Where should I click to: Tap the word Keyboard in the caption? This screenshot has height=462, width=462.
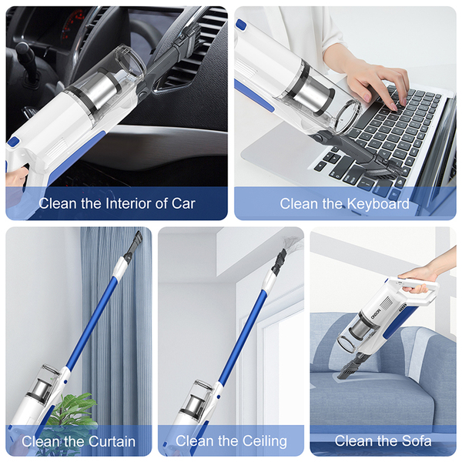(x=378, y=204)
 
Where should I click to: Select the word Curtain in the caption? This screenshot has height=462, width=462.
(x=112, y=441)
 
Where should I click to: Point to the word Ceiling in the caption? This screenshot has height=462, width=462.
(x=264, y=441)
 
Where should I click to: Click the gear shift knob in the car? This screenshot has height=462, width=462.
(x=24, y=49)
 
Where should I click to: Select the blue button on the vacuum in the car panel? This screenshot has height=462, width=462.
(x=14, y=142)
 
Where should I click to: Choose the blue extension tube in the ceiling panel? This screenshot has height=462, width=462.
(x=243, y=336)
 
